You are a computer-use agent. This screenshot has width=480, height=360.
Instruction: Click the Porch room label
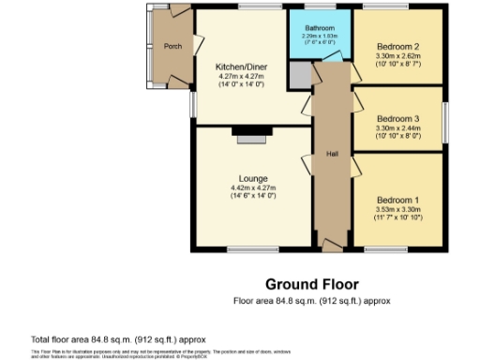[x=172, y=46]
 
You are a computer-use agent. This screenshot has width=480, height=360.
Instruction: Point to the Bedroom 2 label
[x=397, y=46]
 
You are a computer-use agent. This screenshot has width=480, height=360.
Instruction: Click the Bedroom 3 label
[x=397, y=119]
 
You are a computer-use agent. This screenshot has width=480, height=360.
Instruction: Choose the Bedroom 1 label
[x=397, y=201]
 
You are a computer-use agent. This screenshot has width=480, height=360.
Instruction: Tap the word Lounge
[x=253, y=178]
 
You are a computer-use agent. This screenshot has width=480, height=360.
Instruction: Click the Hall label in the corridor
[x=332, y=153]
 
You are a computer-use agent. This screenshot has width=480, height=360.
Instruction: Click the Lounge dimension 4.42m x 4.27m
[x=253, y=187]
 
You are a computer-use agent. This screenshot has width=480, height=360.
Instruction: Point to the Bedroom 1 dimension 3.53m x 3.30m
[x=397, y=209]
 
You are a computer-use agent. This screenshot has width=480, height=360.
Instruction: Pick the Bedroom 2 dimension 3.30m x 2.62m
[x=397, y=55]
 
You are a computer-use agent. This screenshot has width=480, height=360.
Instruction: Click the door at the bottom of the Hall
[x=331, y=245]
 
